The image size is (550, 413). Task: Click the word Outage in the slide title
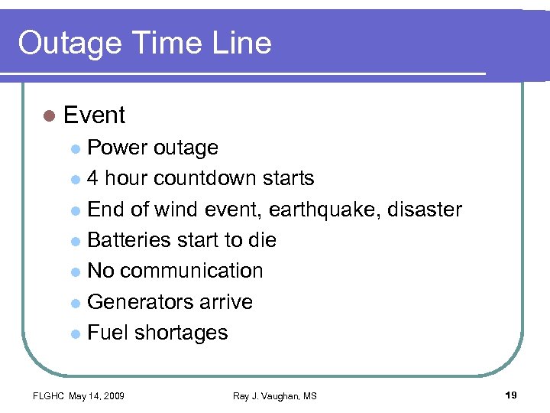point(68,43)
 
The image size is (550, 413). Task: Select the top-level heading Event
point(95,115)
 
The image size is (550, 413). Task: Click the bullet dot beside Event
point(50,116)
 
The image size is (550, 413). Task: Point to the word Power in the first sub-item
point(118,148)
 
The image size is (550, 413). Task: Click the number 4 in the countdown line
point(93,179)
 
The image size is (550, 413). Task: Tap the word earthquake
point(335,210)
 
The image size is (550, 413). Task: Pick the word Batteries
point(129,240)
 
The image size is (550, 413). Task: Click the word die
point(262,240)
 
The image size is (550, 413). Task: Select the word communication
point(192,271)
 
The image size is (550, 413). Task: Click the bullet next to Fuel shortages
point(75,333)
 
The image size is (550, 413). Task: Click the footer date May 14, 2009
point(97,395)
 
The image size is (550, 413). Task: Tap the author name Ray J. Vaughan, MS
point(275,395)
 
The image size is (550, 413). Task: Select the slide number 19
point(511,395)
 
